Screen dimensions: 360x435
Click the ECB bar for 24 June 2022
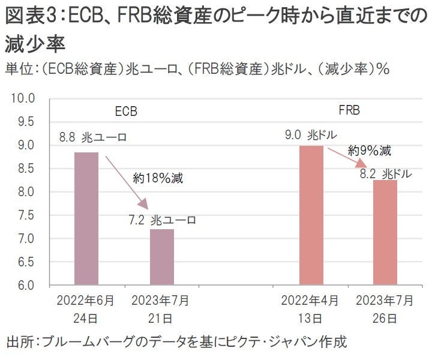coord(86,218)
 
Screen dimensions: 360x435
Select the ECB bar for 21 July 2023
coord(162,257)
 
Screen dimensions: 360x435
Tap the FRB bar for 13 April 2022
coord(311,215)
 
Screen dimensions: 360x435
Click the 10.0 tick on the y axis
coord(25,98)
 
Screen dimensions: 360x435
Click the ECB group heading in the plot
coord(126,112)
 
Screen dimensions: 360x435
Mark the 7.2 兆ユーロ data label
coord(162,220)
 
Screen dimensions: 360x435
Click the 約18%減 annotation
coord(158,178)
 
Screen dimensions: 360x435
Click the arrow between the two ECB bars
coord(125,180)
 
